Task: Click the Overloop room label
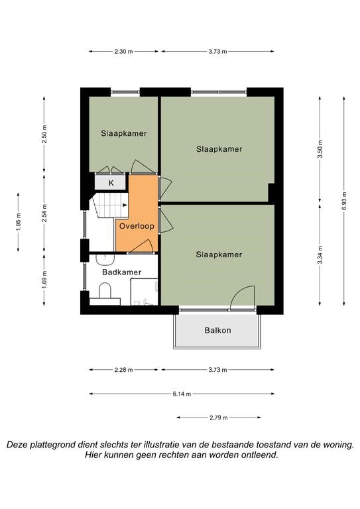(137, 226)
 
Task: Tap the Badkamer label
(122, 272)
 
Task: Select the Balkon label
(218, 331)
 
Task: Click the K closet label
(111, 183)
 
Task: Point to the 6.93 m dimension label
(344, 201)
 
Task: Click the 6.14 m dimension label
(182, 394)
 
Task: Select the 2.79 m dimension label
(219, 418)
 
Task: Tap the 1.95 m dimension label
(18, 222)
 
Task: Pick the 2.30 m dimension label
(123, 51)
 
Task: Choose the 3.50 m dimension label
(320, 149)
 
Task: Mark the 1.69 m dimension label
(44, 280)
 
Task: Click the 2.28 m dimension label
(123, 370)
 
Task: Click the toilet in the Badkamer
(105, 291)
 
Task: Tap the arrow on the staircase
(125, 205)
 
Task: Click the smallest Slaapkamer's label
(124, 133)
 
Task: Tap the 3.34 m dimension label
(320, 254)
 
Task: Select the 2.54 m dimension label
(44, 213)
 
